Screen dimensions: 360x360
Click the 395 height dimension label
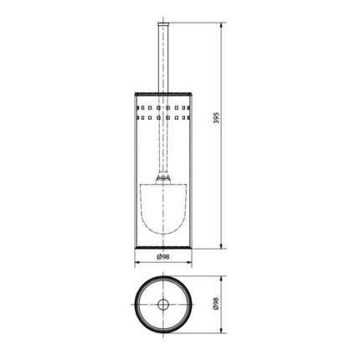click(x=216, y=118)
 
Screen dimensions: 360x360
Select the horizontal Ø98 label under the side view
click(x=164, y=256)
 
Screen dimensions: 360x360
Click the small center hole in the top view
click(x=163, y=303)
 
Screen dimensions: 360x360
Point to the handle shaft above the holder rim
click(x=163, y=59)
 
